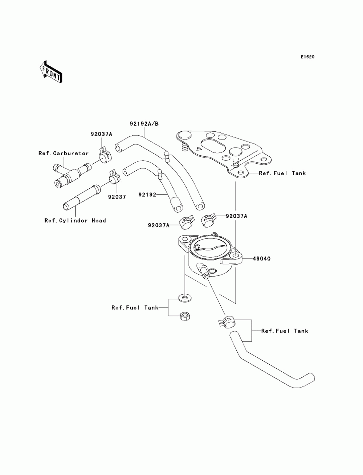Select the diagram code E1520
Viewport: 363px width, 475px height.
coord(307,57)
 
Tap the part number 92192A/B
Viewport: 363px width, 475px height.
coord(144,124)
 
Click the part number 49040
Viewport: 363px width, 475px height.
coord(261,259)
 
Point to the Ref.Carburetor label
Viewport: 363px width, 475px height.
coord(64,153)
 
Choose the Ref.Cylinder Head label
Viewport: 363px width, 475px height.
coord(75,221)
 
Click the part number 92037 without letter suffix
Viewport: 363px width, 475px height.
coord(117,197)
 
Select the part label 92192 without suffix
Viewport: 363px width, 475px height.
coord(147,195)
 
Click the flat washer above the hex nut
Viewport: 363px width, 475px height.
coord(185,298)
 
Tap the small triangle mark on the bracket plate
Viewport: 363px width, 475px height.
coord(199,149)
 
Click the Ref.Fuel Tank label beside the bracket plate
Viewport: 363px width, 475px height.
coord(282,173)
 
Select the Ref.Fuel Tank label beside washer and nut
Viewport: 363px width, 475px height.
coord(135,307)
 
